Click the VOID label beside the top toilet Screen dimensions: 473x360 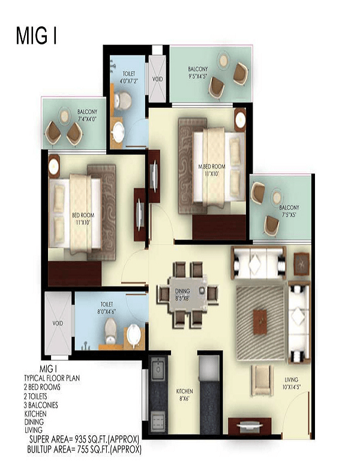click(158, 78)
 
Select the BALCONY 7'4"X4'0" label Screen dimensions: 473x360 click(87, 115)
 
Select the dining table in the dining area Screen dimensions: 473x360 click(187, 295)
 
